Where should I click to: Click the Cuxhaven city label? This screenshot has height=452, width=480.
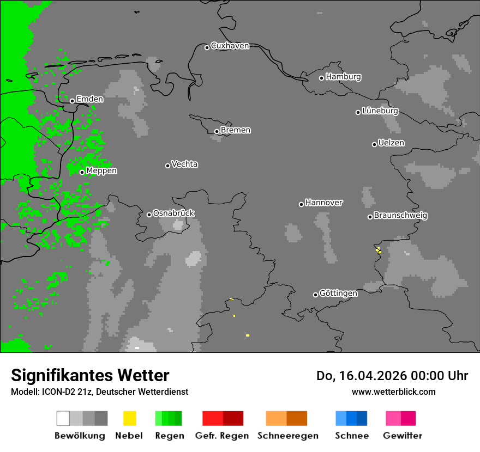pos(230,46)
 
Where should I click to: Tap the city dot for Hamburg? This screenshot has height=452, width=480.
pos(322,78)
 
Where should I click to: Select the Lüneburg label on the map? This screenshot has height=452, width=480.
pos(380,111)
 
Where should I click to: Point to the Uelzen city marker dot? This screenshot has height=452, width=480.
pos(374,144)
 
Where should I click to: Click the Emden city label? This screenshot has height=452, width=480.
pos(89,99)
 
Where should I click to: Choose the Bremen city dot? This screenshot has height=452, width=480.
pos(217,131)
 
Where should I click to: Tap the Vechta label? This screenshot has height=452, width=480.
pos(184,164)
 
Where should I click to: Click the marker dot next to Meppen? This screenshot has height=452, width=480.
pos(82,172)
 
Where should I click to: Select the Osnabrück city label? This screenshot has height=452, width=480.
pos(173,213)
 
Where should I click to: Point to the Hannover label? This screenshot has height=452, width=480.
pos(324,203)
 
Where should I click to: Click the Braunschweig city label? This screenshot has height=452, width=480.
pos(400,216)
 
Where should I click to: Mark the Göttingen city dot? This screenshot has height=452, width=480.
pos(315,295)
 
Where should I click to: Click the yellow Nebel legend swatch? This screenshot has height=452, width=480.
pos(129,418)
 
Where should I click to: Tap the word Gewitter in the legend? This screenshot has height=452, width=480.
pos(403,436)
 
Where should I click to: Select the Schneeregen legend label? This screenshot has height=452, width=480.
pos(288,436)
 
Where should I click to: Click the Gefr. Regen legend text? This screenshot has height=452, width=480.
pos(222,436)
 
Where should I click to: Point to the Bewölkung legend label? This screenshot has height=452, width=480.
pos(80,436)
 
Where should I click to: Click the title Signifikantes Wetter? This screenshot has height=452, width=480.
pos(90,375)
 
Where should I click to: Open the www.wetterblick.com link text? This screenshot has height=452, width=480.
pos(394,392)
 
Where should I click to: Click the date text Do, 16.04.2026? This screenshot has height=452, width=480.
pos(362,376)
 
